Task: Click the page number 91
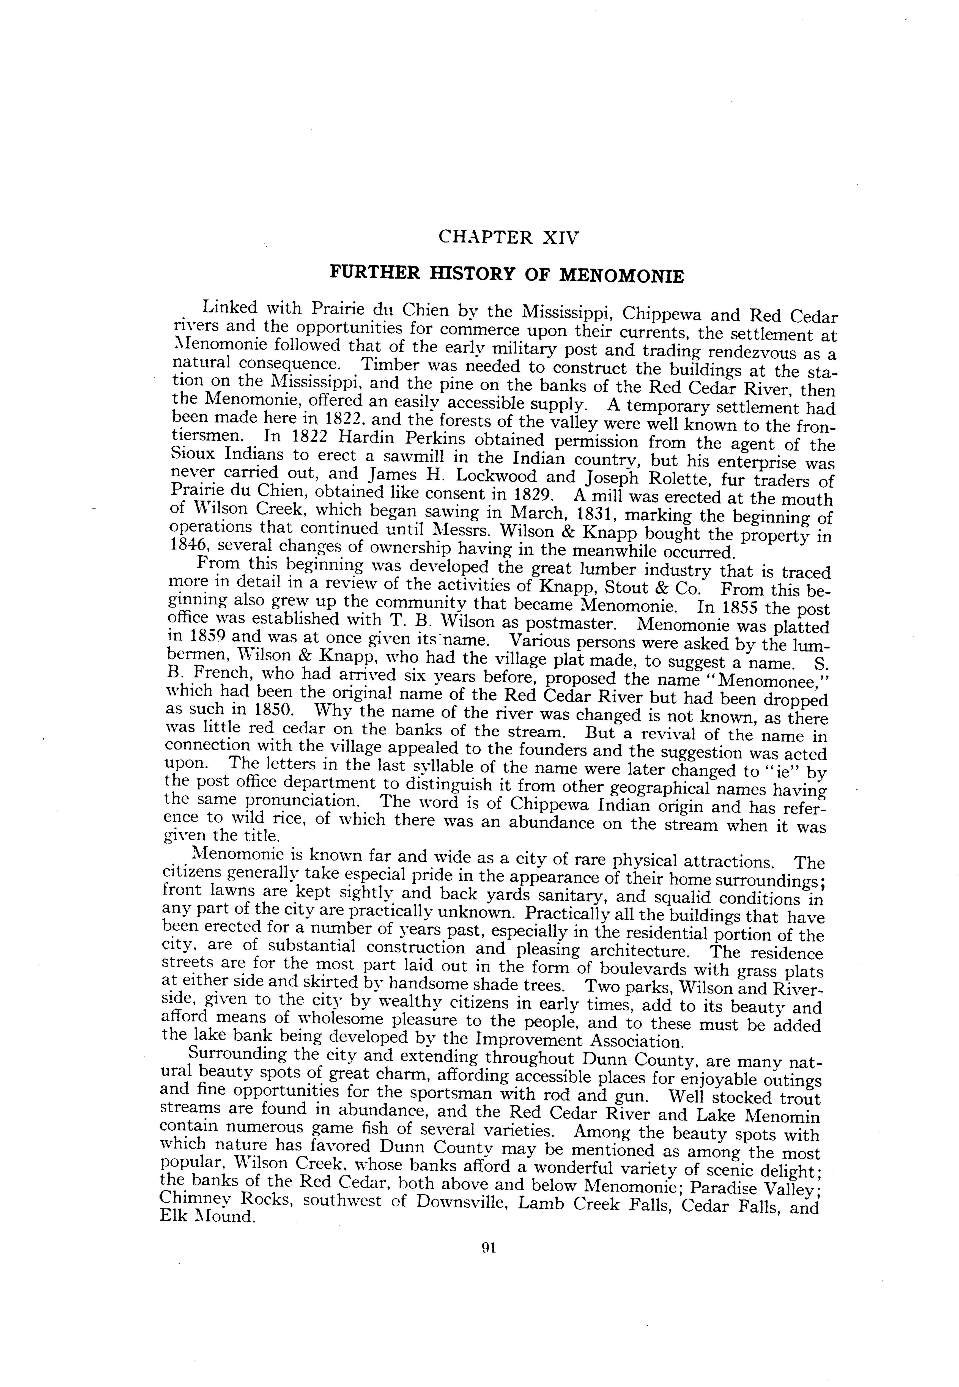coord(488,1248)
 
